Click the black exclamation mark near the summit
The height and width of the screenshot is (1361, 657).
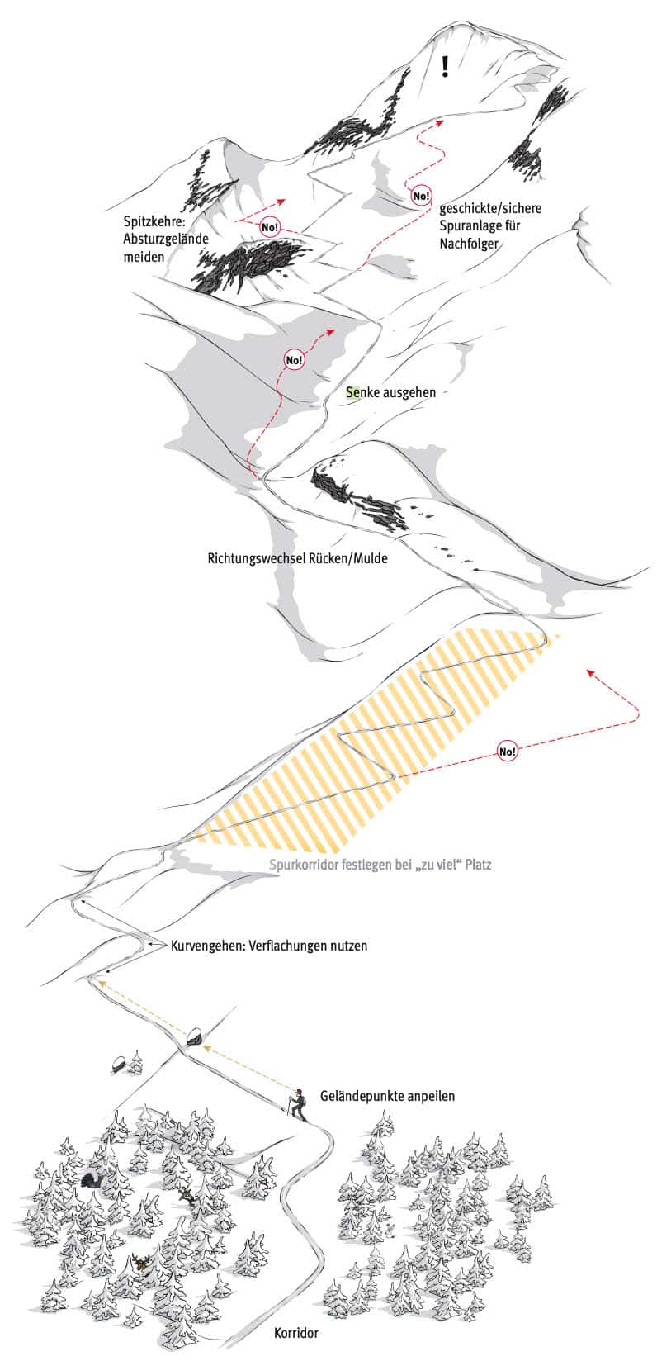[446, 66]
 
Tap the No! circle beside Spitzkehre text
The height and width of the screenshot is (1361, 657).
[270, 227]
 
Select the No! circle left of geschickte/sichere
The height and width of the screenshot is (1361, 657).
[420, 196]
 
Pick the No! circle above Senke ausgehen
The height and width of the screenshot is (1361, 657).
[294, 360]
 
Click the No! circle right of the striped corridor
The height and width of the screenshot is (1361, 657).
[507, 751]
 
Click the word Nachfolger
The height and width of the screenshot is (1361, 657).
[469, 244]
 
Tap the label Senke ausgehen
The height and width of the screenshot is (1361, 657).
[391, 392]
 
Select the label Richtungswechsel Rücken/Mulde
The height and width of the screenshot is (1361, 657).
[297, 558]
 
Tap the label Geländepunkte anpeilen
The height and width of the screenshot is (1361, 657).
[387, 1096]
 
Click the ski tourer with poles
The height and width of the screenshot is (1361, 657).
[297, 1105]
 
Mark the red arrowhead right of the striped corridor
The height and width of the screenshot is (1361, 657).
[590, 672]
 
